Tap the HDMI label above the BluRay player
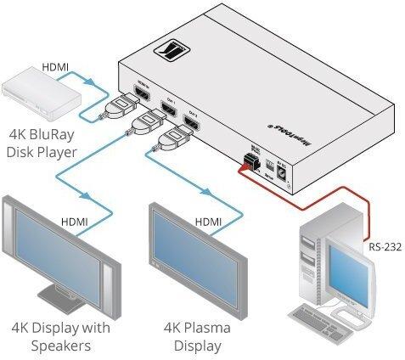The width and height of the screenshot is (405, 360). point(56,65)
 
